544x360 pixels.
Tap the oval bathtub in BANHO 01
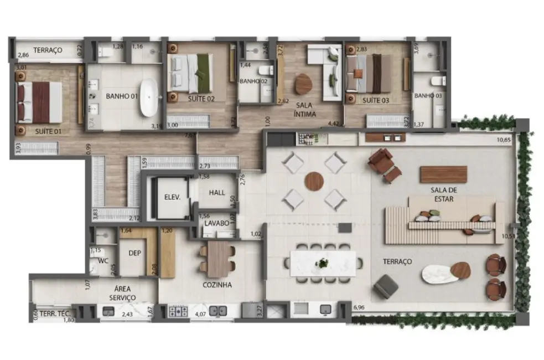148,97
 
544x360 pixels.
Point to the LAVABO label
217,224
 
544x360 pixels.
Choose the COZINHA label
217,285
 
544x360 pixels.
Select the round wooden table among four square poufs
314,181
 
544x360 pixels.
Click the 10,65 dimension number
504,140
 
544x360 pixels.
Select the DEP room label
135,253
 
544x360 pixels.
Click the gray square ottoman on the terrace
386,286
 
